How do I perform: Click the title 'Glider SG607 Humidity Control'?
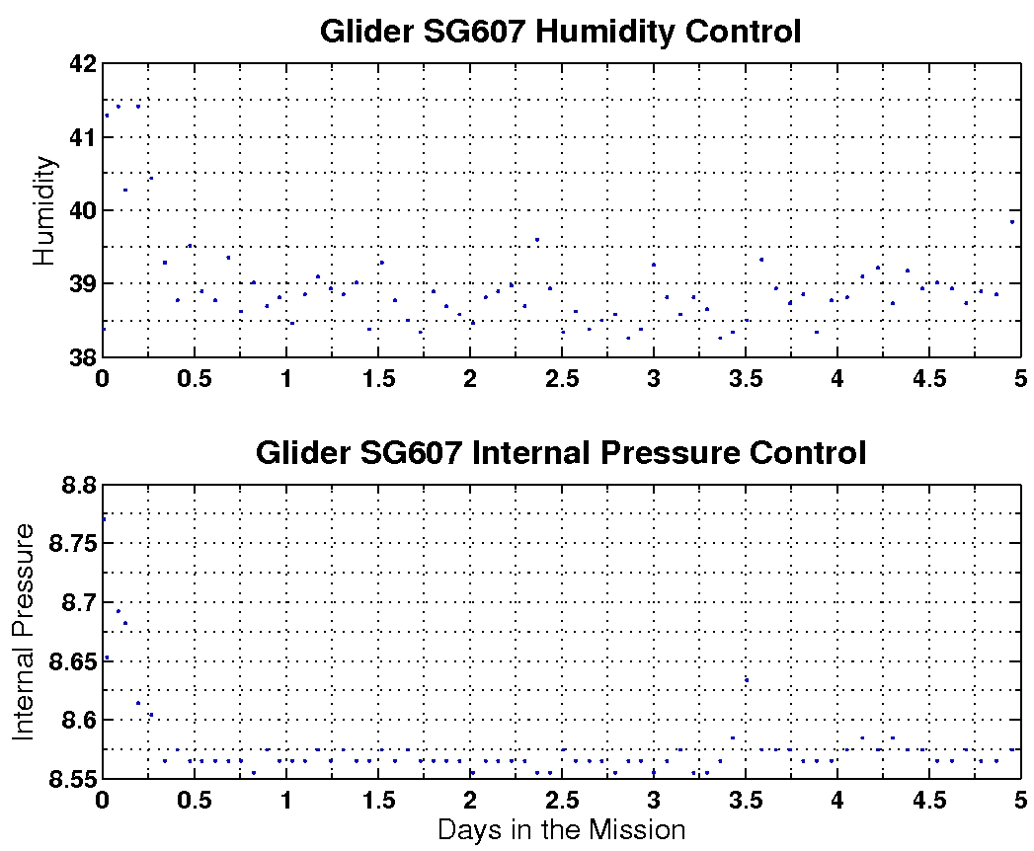click(x=560, y=32)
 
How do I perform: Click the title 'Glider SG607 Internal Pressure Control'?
click(x=560, y=453)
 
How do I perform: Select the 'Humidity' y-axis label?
click(x=44, y=210)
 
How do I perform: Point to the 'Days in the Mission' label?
click(x=561, y=829)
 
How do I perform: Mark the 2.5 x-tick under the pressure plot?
click(x=561, y=800)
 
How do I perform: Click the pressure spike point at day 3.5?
click(x=747, y=679)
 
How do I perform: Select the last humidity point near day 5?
click(x=1012, y=222)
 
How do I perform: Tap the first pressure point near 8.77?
click(x=104, y=519)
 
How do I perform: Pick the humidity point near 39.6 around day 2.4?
click(x=537, y=239)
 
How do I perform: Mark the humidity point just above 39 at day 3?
click(x=654, y=265)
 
